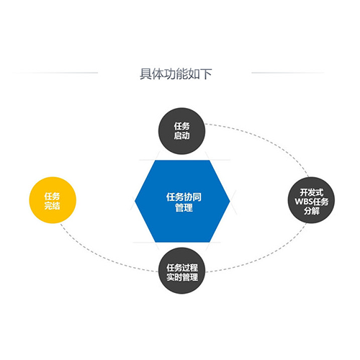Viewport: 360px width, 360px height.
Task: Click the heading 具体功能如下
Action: pos(176,73)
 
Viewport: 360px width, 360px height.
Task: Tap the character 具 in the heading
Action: pos(145,73)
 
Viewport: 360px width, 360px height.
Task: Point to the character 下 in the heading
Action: pos(206,73)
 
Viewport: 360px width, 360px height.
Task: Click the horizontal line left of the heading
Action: pos(55,73)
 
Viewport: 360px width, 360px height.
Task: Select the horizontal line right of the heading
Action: pos(287,73)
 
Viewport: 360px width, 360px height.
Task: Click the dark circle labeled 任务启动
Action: pos(181,131)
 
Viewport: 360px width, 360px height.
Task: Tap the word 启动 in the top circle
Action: pos(181,135)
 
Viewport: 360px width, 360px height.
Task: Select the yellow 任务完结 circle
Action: pos(53,200)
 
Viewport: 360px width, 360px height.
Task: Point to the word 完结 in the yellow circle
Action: pos(52,206)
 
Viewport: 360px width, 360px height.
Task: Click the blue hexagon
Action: pos(182,201)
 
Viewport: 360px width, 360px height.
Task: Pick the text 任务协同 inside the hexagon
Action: pos(184,197)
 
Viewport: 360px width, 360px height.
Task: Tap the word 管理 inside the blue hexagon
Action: pos(184,207)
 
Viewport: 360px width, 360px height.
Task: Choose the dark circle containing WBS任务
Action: pos(311,200)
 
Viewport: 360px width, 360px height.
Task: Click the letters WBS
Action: pos(303,202)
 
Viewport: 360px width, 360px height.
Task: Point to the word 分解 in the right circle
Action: pos(312,211)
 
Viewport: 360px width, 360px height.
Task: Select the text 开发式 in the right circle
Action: pos(312,192)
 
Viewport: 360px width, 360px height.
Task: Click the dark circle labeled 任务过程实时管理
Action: pos(182,271)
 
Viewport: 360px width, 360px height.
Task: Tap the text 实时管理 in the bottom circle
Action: pos(182,277)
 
